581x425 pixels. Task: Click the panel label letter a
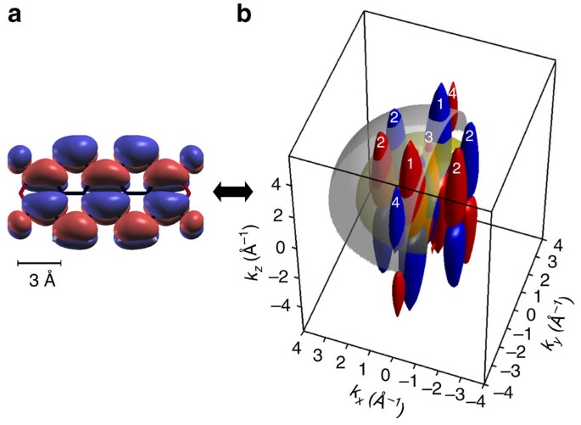pyautogui.click(x=15, y=14)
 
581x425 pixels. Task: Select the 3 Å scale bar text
pyautogui.click(x=39, y=282)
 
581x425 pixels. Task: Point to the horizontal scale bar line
pyautogui.click(x=39, y=263)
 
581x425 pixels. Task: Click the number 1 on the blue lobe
pyautogui.click(x=439, y=104)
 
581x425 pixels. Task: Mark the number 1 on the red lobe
pyautogui.click(x=410, y=163)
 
